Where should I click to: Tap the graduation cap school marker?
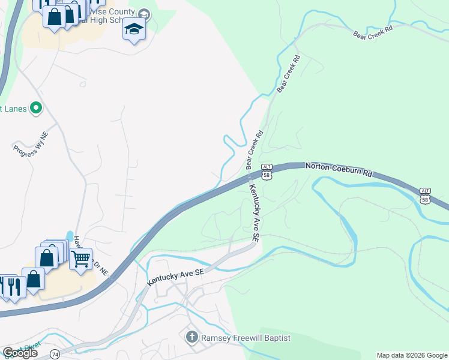(x=134, y=29)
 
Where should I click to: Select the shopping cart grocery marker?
(x=80, y=259)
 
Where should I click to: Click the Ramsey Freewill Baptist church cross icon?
(x=192, y=337)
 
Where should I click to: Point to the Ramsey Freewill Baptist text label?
(x=246, y=338)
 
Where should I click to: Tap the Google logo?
(x=20, y=353)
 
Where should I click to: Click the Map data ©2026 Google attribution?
(x=411, y=355)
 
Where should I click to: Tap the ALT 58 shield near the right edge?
(x=425, y=196)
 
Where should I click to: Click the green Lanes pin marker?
(x=36, y=108)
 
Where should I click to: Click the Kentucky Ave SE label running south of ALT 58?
(x=255, y=213)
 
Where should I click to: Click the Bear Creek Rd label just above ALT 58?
(x=255, y=150)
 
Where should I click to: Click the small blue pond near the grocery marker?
(x=70, y=236)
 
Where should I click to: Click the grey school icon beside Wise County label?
(x=144, y=13)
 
